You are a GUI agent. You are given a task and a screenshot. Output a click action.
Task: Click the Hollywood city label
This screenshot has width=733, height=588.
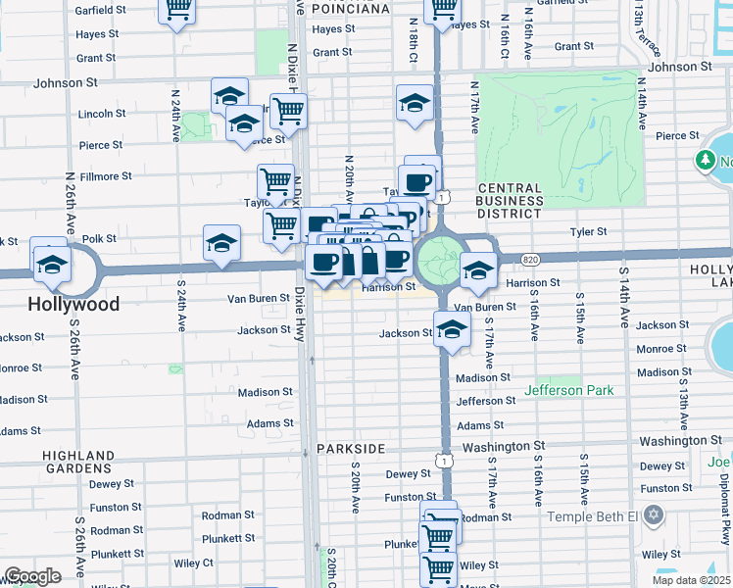(73, 304)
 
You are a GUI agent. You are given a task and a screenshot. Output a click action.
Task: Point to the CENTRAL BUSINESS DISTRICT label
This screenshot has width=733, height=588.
(510, 200)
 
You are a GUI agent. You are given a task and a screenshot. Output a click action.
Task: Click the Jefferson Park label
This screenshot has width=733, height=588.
(569, 390)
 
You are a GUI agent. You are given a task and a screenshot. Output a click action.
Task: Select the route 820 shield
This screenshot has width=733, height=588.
(530, 259)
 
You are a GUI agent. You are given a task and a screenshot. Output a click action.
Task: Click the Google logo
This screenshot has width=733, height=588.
(32, 576)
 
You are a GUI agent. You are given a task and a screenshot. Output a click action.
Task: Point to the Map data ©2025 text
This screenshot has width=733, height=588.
(690, 580)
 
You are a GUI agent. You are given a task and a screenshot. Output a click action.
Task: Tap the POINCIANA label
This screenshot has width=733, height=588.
(350, 9)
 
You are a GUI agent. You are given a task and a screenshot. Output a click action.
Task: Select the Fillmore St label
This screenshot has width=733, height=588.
(105, 176)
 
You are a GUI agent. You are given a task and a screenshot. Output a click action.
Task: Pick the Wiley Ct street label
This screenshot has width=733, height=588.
(194, 563)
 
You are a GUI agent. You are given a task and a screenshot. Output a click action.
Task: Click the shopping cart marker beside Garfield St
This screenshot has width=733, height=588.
(177, 10)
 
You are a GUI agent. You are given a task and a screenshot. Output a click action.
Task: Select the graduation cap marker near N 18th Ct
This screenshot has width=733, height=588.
(415, 102)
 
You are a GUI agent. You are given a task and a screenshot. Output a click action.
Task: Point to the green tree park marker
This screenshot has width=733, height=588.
(706, 160)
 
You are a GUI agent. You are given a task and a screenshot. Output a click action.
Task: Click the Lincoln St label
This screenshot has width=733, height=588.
(96, 114)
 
